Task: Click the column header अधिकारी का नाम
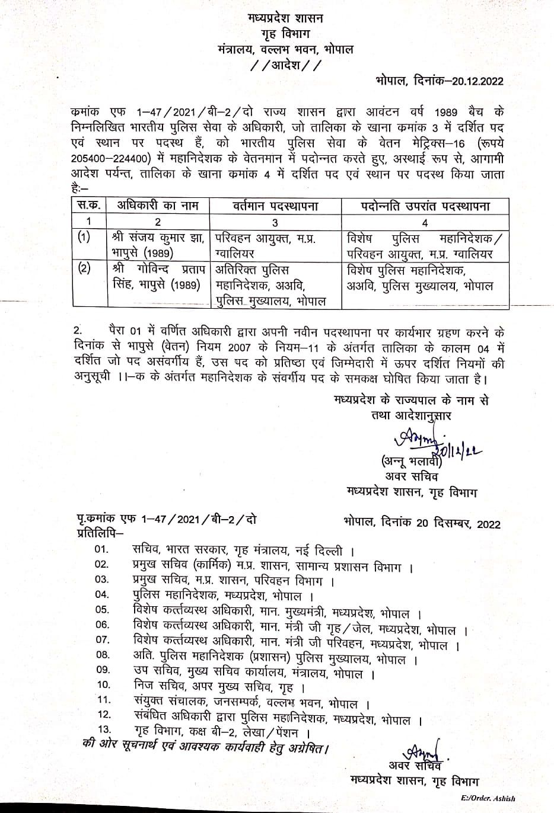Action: point(157,206)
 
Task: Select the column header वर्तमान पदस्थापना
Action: point(275,206)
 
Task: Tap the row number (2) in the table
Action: point(85,268)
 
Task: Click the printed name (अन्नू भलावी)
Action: point(409,461)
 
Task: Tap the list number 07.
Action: point(103,640)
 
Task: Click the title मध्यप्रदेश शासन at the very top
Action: point(285,20)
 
